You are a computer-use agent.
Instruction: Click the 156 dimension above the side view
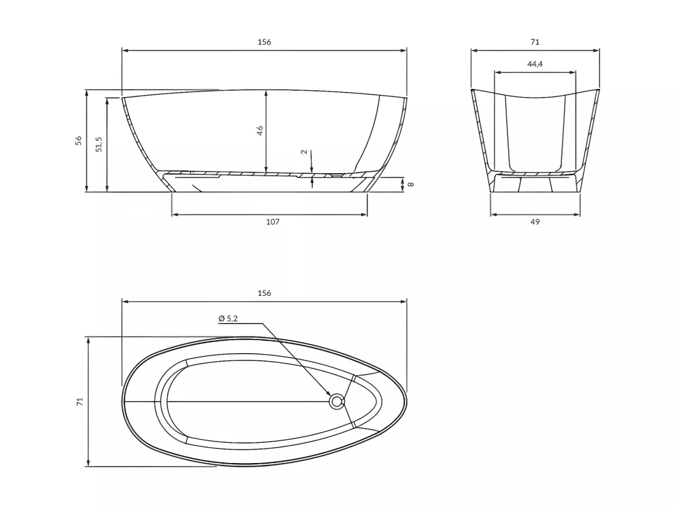[264, 42]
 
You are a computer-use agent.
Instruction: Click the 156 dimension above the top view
[264, 294]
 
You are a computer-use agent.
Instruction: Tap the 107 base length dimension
[273, 222]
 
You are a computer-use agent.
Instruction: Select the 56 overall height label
[79, 141]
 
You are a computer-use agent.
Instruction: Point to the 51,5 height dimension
[99, 144]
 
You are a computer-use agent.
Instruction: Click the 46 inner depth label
[260, 130]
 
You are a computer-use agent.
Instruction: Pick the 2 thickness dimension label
[304, 152]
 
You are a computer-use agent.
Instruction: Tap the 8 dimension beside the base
[411, 184]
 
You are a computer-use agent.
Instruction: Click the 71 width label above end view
[534, 42]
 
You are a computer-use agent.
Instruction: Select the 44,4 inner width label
[535, 64]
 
